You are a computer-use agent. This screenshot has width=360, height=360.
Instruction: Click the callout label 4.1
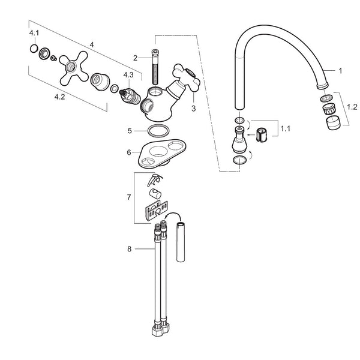34,33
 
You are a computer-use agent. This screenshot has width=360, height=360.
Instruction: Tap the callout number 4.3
128,75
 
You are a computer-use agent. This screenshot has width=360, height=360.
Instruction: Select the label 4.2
59,97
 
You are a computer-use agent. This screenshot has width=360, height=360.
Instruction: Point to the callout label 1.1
286,128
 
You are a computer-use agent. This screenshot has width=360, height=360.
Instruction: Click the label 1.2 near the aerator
352,107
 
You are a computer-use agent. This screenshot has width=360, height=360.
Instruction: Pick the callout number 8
129,249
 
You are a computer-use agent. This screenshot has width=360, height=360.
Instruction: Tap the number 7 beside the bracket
129,197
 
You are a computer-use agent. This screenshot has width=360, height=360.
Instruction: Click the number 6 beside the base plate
129,152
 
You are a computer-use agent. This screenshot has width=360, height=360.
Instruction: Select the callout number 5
130,131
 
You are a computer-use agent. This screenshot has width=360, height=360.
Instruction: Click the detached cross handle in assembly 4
73,68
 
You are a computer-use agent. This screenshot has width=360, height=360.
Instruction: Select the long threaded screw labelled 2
155,67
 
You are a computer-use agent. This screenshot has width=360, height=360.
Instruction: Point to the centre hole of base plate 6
158,151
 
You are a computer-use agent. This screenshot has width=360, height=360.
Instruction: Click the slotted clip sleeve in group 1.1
262,135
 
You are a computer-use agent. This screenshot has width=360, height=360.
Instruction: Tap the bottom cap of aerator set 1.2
332,122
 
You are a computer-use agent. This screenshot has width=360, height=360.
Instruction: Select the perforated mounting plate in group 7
156,211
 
